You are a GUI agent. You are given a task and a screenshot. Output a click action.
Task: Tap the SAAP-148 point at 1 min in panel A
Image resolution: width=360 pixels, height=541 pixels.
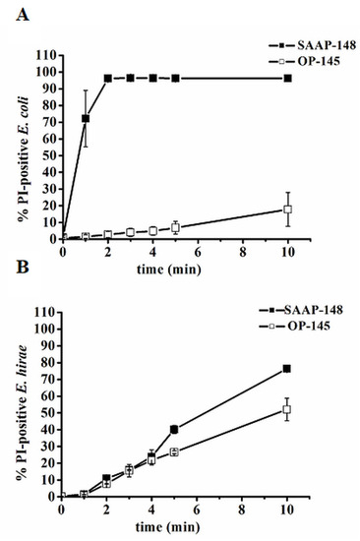[x=86, y=118]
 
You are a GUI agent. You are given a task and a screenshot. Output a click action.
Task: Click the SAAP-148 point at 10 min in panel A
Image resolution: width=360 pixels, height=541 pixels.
[x=287, y=78]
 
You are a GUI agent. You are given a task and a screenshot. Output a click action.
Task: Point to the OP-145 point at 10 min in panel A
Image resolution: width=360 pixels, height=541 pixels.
[x=287, y=209]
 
